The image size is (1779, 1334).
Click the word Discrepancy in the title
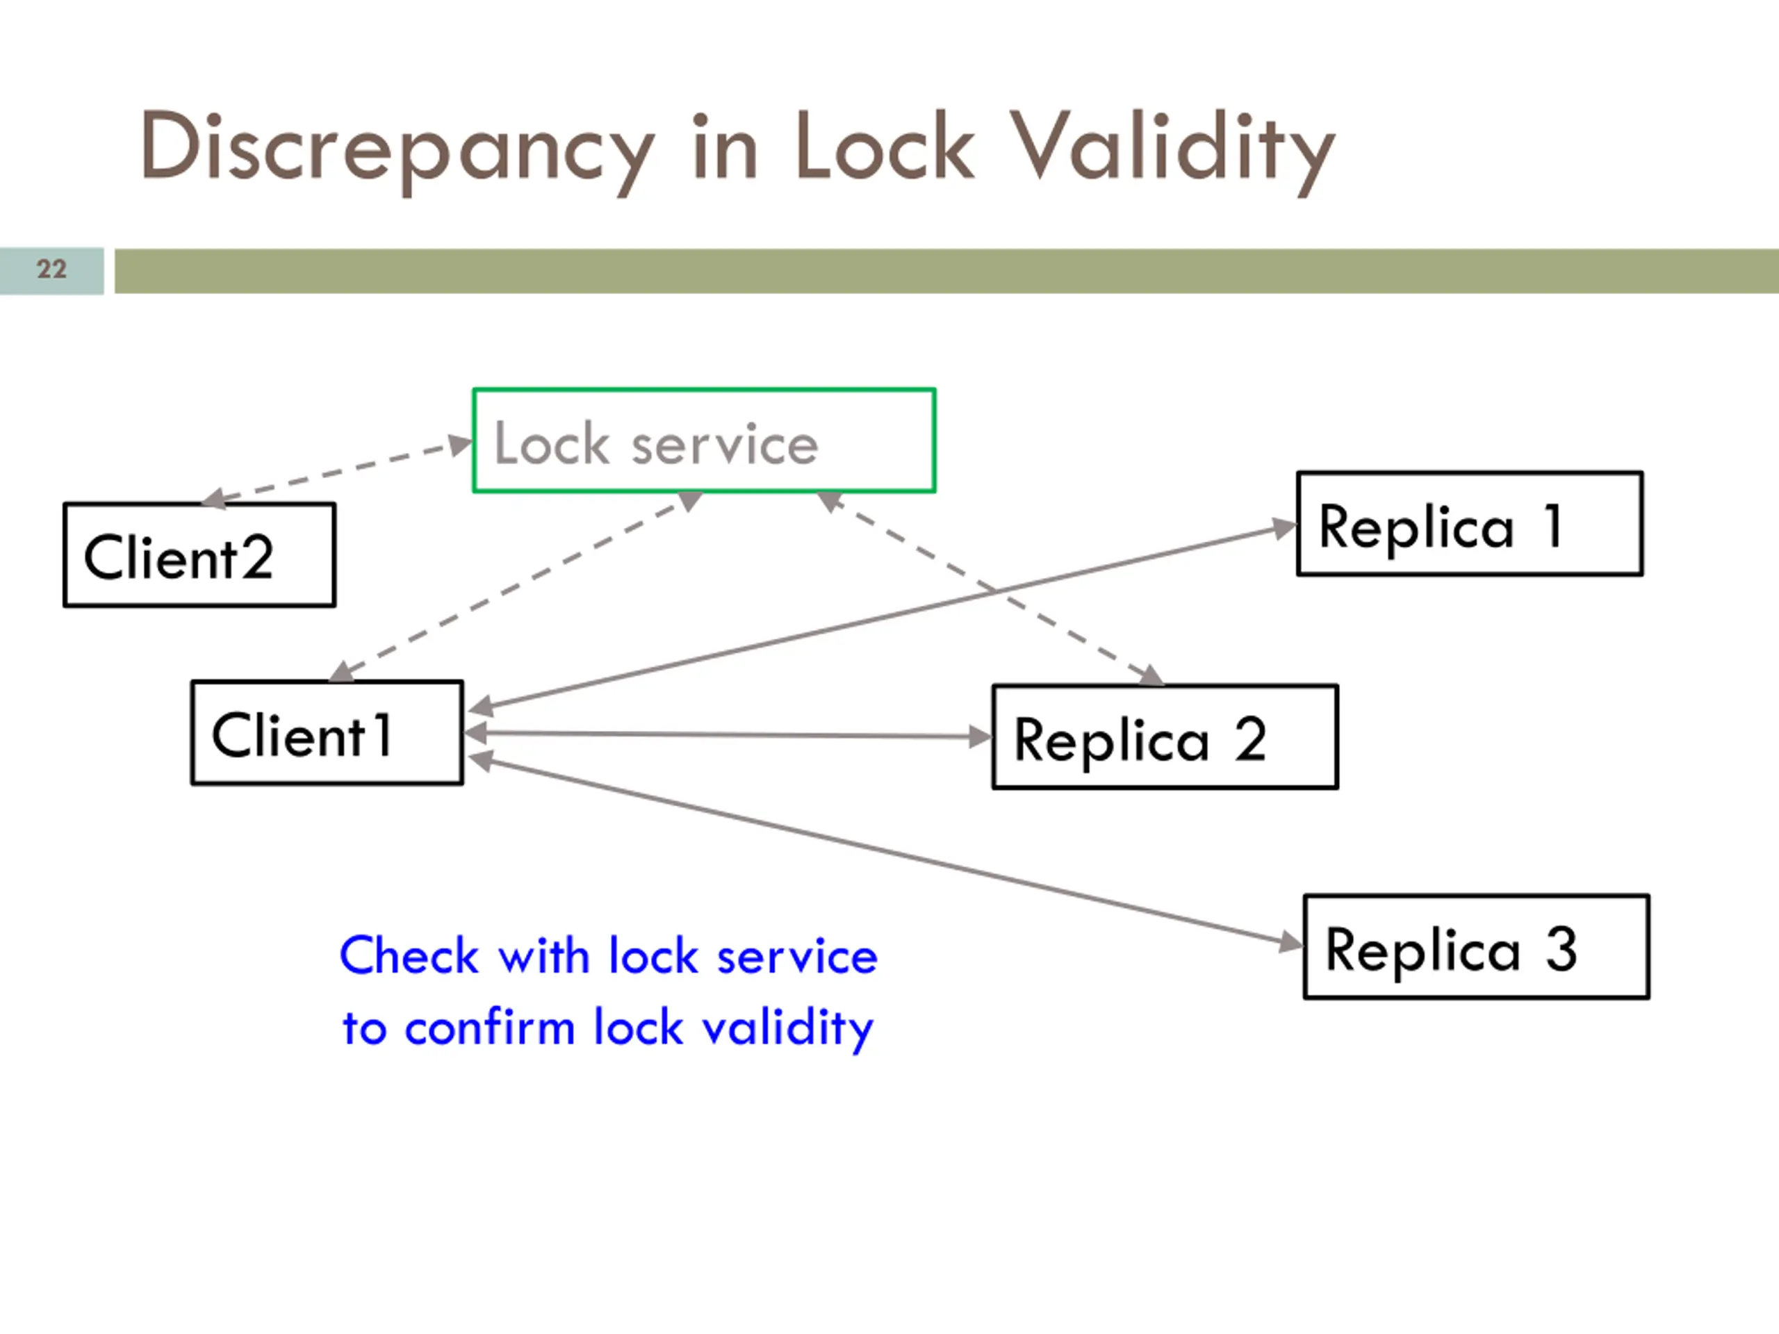397,151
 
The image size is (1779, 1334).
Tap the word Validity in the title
1172,151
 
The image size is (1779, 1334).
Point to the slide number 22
51,269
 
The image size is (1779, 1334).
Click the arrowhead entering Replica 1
1284,528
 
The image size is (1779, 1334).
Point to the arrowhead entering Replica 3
1290,941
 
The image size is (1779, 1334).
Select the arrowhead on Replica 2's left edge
981,736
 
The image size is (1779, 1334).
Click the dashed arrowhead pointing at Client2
213,499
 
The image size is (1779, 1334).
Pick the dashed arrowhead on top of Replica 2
1151,675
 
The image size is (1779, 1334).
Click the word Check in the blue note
409,955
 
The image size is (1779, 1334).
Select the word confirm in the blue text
490,1027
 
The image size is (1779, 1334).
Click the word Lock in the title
885,147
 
